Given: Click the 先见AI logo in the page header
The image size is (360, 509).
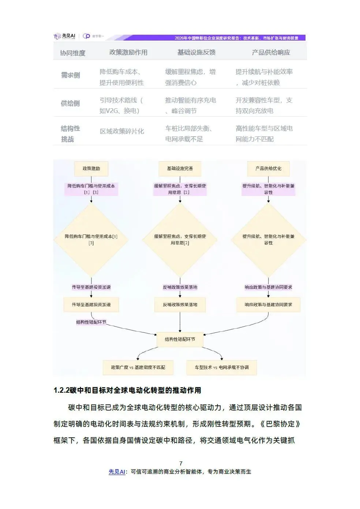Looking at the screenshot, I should point(65,36).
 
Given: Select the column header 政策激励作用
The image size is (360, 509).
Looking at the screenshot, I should point(128,53).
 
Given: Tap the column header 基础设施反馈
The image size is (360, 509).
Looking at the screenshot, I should point(196,53).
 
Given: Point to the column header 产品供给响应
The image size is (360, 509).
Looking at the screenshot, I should point(271,53).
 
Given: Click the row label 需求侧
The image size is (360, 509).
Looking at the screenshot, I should point(70,75).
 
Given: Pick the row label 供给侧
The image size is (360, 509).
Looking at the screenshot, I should point(70,103).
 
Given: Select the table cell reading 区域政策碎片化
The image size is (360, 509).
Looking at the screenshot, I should point(122,131).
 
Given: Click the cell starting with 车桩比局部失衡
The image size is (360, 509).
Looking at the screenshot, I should point(189,133).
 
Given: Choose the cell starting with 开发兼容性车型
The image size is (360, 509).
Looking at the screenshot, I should point(264,105).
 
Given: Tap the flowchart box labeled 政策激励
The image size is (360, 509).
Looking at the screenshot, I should point(91,169).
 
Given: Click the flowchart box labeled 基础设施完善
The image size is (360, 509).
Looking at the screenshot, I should point(180,169).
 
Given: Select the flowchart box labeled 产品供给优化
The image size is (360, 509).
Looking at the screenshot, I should point(269,169).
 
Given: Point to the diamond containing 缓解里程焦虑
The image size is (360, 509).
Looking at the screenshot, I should point(180,240).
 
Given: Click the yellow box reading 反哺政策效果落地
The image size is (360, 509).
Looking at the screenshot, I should point(180,305).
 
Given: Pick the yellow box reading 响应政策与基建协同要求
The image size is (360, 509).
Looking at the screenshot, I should point(269,305).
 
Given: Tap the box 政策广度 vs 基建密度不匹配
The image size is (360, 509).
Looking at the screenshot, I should point(138,367).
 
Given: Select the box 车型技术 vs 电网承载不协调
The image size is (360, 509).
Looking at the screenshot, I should point(222,367).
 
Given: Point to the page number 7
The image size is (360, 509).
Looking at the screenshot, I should point(181,463).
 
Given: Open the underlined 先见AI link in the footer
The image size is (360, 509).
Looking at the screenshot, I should point(117,472).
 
